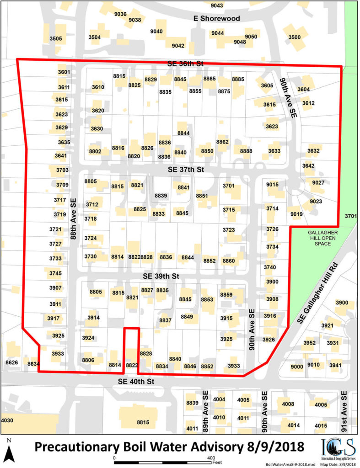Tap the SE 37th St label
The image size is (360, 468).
185,170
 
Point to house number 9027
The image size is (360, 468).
318,183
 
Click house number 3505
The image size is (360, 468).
55,38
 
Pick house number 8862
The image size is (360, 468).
222,142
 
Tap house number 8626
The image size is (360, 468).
11,362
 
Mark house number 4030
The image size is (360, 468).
7,420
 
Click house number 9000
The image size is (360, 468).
297,367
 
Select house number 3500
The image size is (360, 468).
295,37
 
